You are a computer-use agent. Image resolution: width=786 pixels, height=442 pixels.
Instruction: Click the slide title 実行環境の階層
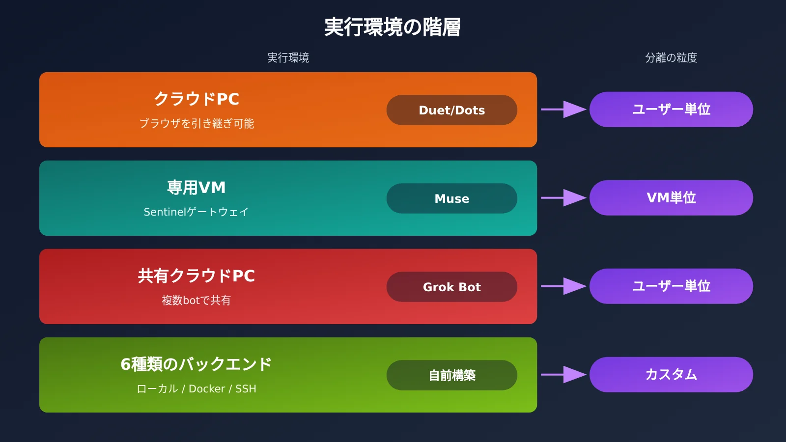[393, 27]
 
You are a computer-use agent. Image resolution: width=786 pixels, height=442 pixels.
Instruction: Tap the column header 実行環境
[288, 57]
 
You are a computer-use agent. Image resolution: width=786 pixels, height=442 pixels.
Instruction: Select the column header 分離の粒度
[671, 57]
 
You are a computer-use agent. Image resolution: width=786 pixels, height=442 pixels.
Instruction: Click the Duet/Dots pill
[451, 110]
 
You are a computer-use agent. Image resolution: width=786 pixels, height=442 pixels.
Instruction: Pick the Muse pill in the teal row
[451, 198]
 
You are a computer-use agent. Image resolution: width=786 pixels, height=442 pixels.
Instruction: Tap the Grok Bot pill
[451, 287]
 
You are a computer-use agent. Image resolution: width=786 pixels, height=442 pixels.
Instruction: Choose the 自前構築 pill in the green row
[451, 375]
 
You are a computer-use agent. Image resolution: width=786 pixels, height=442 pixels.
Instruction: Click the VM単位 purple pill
[671, 197]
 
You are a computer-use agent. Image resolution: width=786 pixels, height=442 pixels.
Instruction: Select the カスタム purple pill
[671, 374]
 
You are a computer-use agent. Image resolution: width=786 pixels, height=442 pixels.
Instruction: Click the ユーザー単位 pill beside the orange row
[671, 109]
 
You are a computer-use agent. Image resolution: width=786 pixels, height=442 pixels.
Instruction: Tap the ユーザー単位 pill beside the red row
[671, 286]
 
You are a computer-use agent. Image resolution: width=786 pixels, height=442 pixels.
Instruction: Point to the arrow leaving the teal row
[563, 198]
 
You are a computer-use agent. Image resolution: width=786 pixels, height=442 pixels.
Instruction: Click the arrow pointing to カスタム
[563, 375]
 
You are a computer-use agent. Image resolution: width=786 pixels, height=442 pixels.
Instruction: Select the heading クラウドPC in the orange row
[196, 99]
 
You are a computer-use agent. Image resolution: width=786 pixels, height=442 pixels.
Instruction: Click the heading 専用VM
[196, 187]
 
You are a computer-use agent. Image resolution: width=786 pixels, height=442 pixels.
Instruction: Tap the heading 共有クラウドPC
[196, 276]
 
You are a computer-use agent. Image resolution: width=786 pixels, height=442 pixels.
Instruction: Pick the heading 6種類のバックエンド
[196, 364]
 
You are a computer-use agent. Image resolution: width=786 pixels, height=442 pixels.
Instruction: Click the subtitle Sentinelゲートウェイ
[196, 212]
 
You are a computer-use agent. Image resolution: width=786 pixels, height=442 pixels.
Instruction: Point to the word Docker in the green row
[207, 388]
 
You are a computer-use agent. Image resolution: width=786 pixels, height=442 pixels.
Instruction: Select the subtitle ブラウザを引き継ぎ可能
[196, 123]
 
